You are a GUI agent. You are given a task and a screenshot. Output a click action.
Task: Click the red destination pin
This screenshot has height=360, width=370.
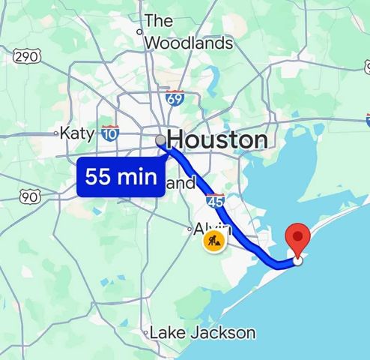pyautogui.click(x=300, y=238)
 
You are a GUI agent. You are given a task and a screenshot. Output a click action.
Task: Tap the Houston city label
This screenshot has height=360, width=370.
pyautogui.click(x=217, y=139)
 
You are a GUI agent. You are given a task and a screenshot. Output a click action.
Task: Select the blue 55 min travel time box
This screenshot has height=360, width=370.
pyautogui.click(x=121, y=178)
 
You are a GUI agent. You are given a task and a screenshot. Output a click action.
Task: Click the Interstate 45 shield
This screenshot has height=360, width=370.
pyautogui.click(x=215, y=201)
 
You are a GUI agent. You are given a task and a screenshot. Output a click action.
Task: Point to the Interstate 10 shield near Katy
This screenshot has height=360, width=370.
pyautogui.click(x=110, y=133)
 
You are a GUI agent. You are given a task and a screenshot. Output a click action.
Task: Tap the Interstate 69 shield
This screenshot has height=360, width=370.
pyautogui.click(x=175, y=97)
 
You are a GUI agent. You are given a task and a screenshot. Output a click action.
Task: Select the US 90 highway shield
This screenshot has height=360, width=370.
pyautogui.click(x=30, y=196)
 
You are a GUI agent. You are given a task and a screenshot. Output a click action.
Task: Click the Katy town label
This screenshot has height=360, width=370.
pyautogui.click(x=77, y=133)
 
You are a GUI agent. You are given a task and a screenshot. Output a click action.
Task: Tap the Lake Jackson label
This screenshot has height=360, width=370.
pyautogui.click(x=203, y=332)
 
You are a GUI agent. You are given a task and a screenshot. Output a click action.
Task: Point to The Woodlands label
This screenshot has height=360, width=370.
pyautogui.click(x=188, y=32)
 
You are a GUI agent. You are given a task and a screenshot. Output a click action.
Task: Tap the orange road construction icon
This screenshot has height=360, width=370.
pyautogui.click(x=214, y=241)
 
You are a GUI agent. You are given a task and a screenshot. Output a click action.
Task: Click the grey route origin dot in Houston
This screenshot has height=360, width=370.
pyautogui.click(x=160, y=140)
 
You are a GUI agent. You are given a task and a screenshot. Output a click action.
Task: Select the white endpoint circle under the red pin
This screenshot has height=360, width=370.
pyautogui.click(x=299, y=260)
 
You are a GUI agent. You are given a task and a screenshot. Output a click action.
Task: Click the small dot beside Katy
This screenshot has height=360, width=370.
pyautogui.click(x=56, y=134)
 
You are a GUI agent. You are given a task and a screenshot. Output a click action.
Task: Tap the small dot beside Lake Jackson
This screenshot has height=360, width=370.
pyautogui.click(x=146, y=331)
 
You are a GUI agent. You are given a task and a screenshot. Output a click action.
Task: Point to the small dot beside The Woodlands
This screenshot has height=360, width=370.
pyautogui.click(x=139, y=31)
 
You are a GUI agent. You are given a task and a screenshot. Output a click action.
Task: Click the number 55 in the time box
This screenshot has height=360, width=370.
pyautogui.click(x=100, y=178)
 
